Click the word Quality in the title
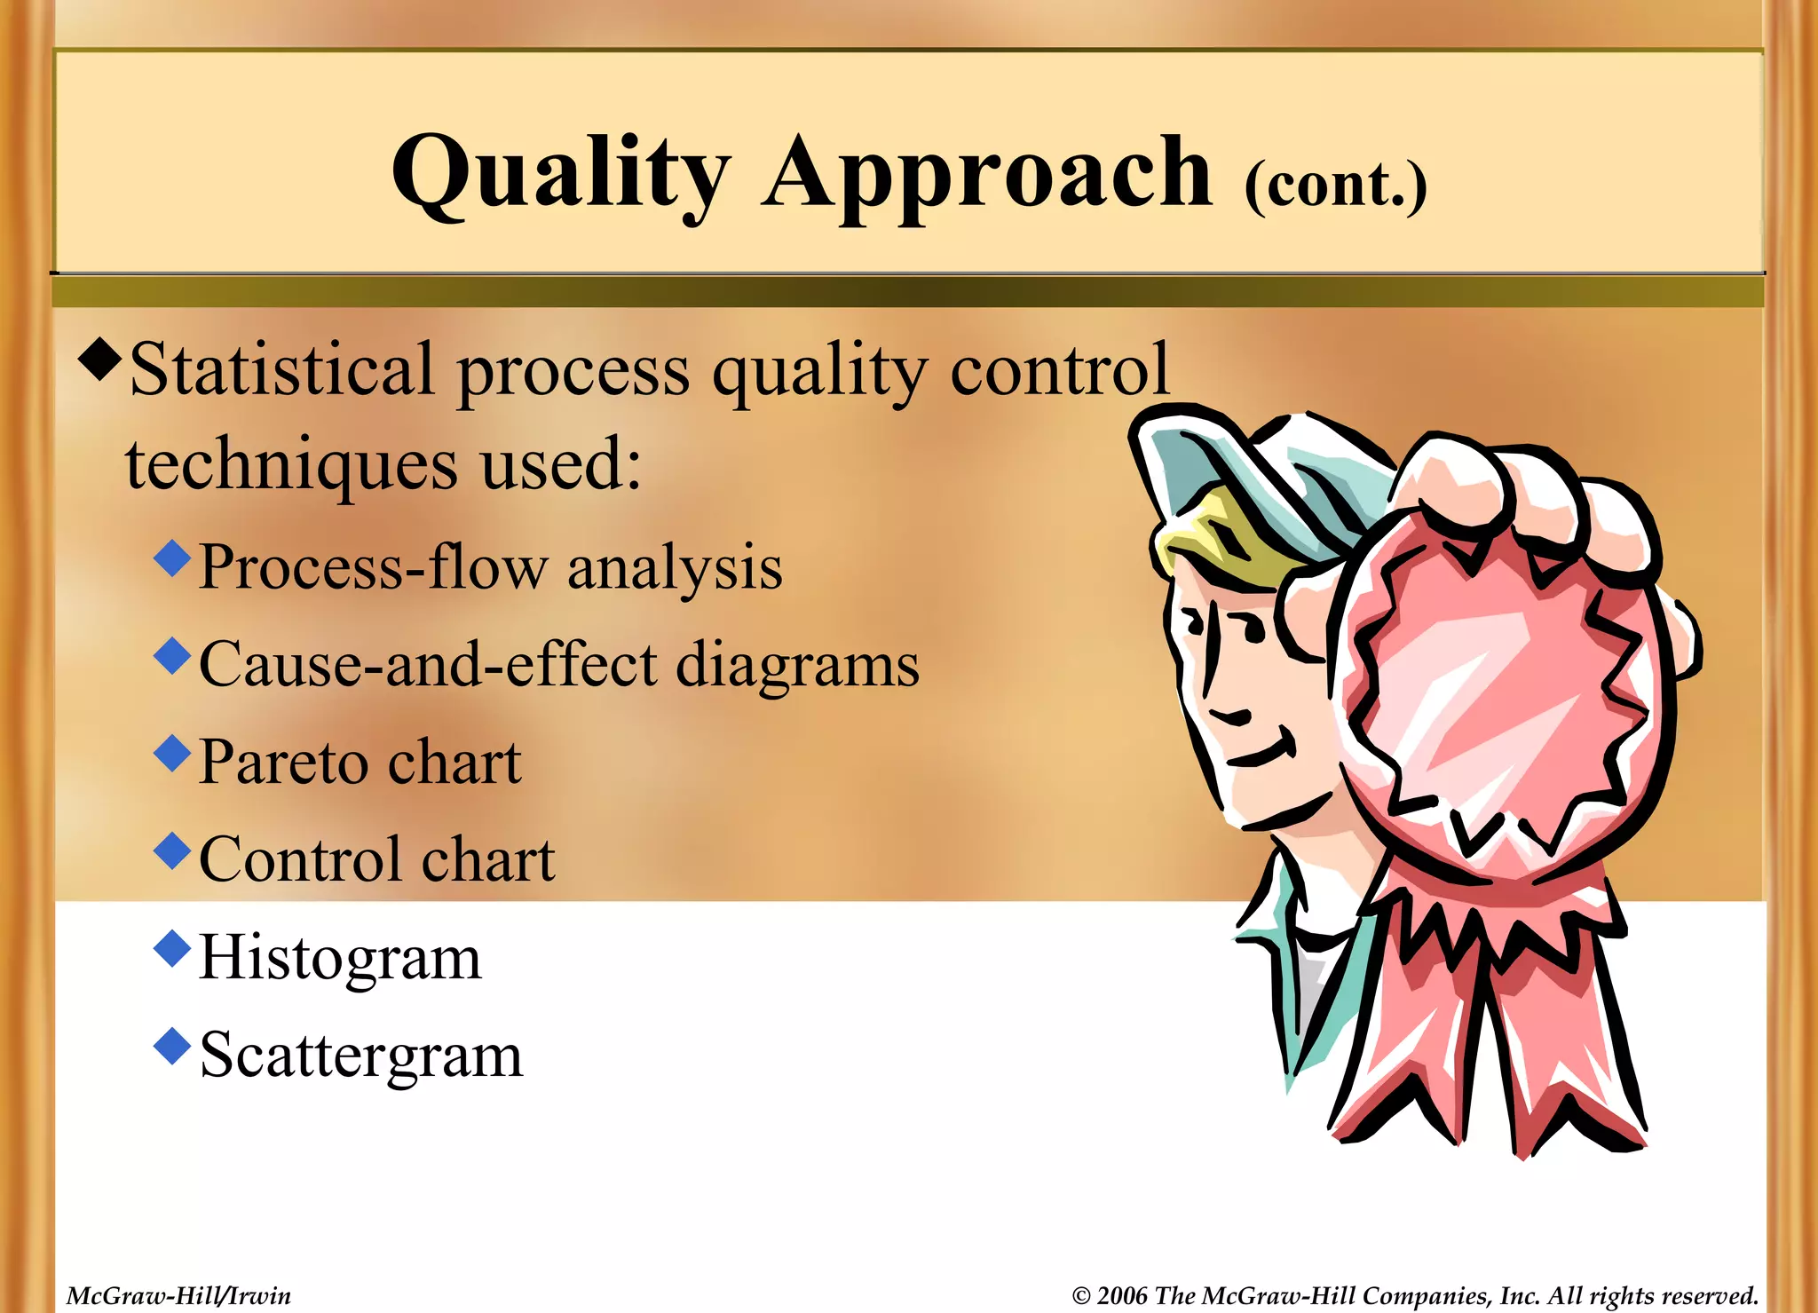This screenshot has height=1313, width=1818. pyautogui.click(x=561, y=173)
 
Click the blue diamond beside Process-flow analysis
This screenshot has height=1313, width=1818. pyautogui.click(x=172, y=558)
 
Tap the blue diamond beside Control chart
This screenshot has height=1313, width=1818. pyautogui.click(x=172, y=850)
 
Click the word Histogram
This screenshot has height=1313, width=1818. pyautogui.click(x=340, y=958)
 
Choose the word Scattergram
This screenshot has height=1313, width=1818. pyautogui.click(x=361, y=1056)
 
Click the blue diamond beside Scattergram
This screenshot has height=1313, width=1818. pyautogui.click(x=172, y=1046)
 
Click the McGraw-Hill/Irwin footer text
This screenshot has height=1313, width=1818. pyautogui.click(x=178, y=1296)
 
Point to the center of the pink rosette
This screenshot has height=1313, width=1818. pyautogui.click(x=1500, y=701)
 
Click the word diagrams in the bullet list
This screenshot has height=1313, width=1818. pyautogui.click(x=797, y=664)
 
